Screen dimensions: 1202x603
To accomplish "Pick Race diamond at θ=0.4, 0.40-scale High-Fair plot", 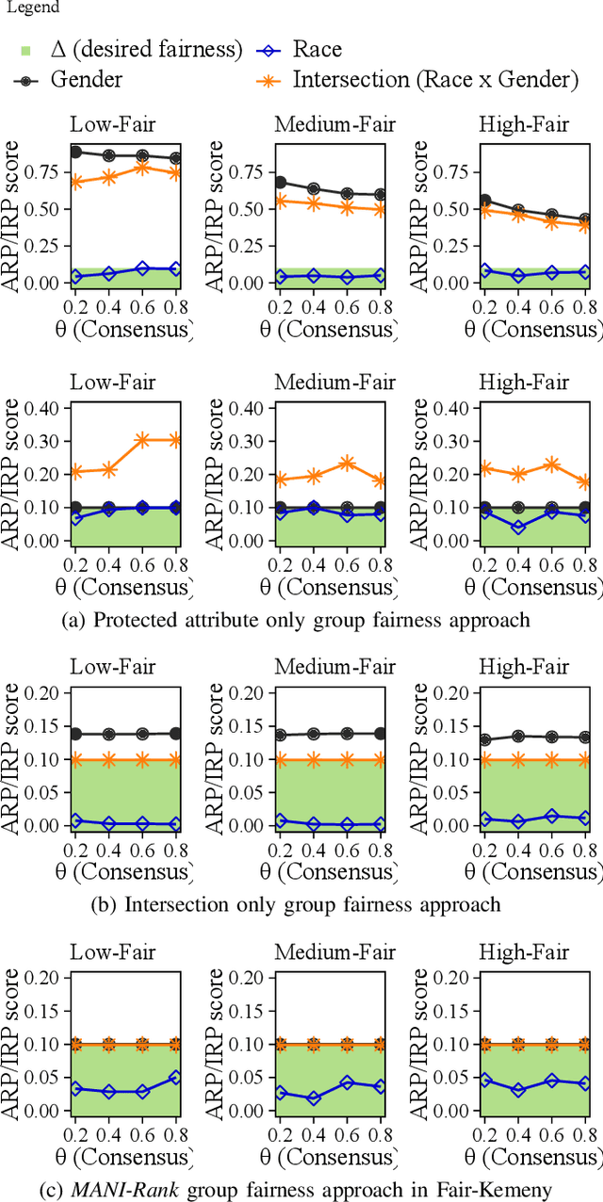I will point(518,527).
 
